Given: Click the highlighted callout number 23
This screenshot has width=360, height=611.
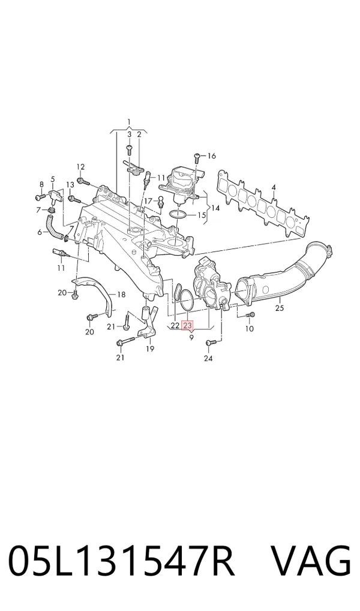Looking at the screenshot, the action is pyautogui.click(x=187, y=325).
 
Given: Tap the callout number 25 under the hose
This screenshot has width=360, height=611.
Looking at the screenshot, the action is pyautogui.click(x=280, y=309).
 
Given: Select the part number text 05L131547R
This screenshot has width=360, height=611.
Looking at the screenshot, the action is pyautogui.click(x=122, y=561).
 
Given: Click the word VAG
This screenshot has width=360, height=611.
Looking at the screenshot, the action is pyautogui.click(x=311, y=561).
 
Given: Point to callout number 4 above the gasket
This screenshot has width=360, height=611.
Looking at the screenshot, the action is pyautogui.click(x=274, y=188).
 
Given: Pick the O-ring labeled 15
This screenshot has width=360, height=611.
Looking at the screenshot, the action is pyautogui.click(x=178, y=214).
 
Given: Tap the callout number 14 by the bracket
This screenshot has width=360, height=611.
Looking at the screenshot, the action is pyautogui.click(x=215, y=208).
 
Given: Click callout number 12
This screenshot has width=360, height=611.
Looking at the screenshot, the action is pyautogui.click(x=80, y=167).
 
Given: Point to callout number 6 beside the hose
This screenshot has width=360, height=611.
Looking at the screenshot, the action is pyautogui.click(x=40, y=233).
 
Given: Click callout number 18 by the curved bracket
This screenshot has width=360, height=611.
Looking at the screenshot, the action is pyautogui.click(x=121, y=295).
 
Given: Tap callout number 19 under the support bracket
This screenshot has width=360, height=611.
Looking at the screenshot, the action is pyautogui.click(x=150, y=348).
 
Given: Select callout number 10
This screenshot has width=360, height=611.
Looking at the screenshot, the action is pyautogui.click(x=250, y=328).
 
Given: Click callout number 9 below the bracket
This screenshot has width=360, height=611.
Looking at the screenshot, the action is pyautogui.click(x=191, y=337).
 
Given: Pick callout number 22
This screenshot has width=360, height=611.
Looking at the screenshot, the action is pyautogui.click(x=175, y=325).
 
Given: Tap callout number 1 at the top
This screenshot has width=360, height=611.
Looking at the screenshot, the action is pyautogui.click(x=129, y=123).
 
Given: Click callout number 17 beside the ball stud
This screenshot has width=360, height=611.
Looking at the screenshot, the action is pyautogui.click(x=148, y=201).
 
